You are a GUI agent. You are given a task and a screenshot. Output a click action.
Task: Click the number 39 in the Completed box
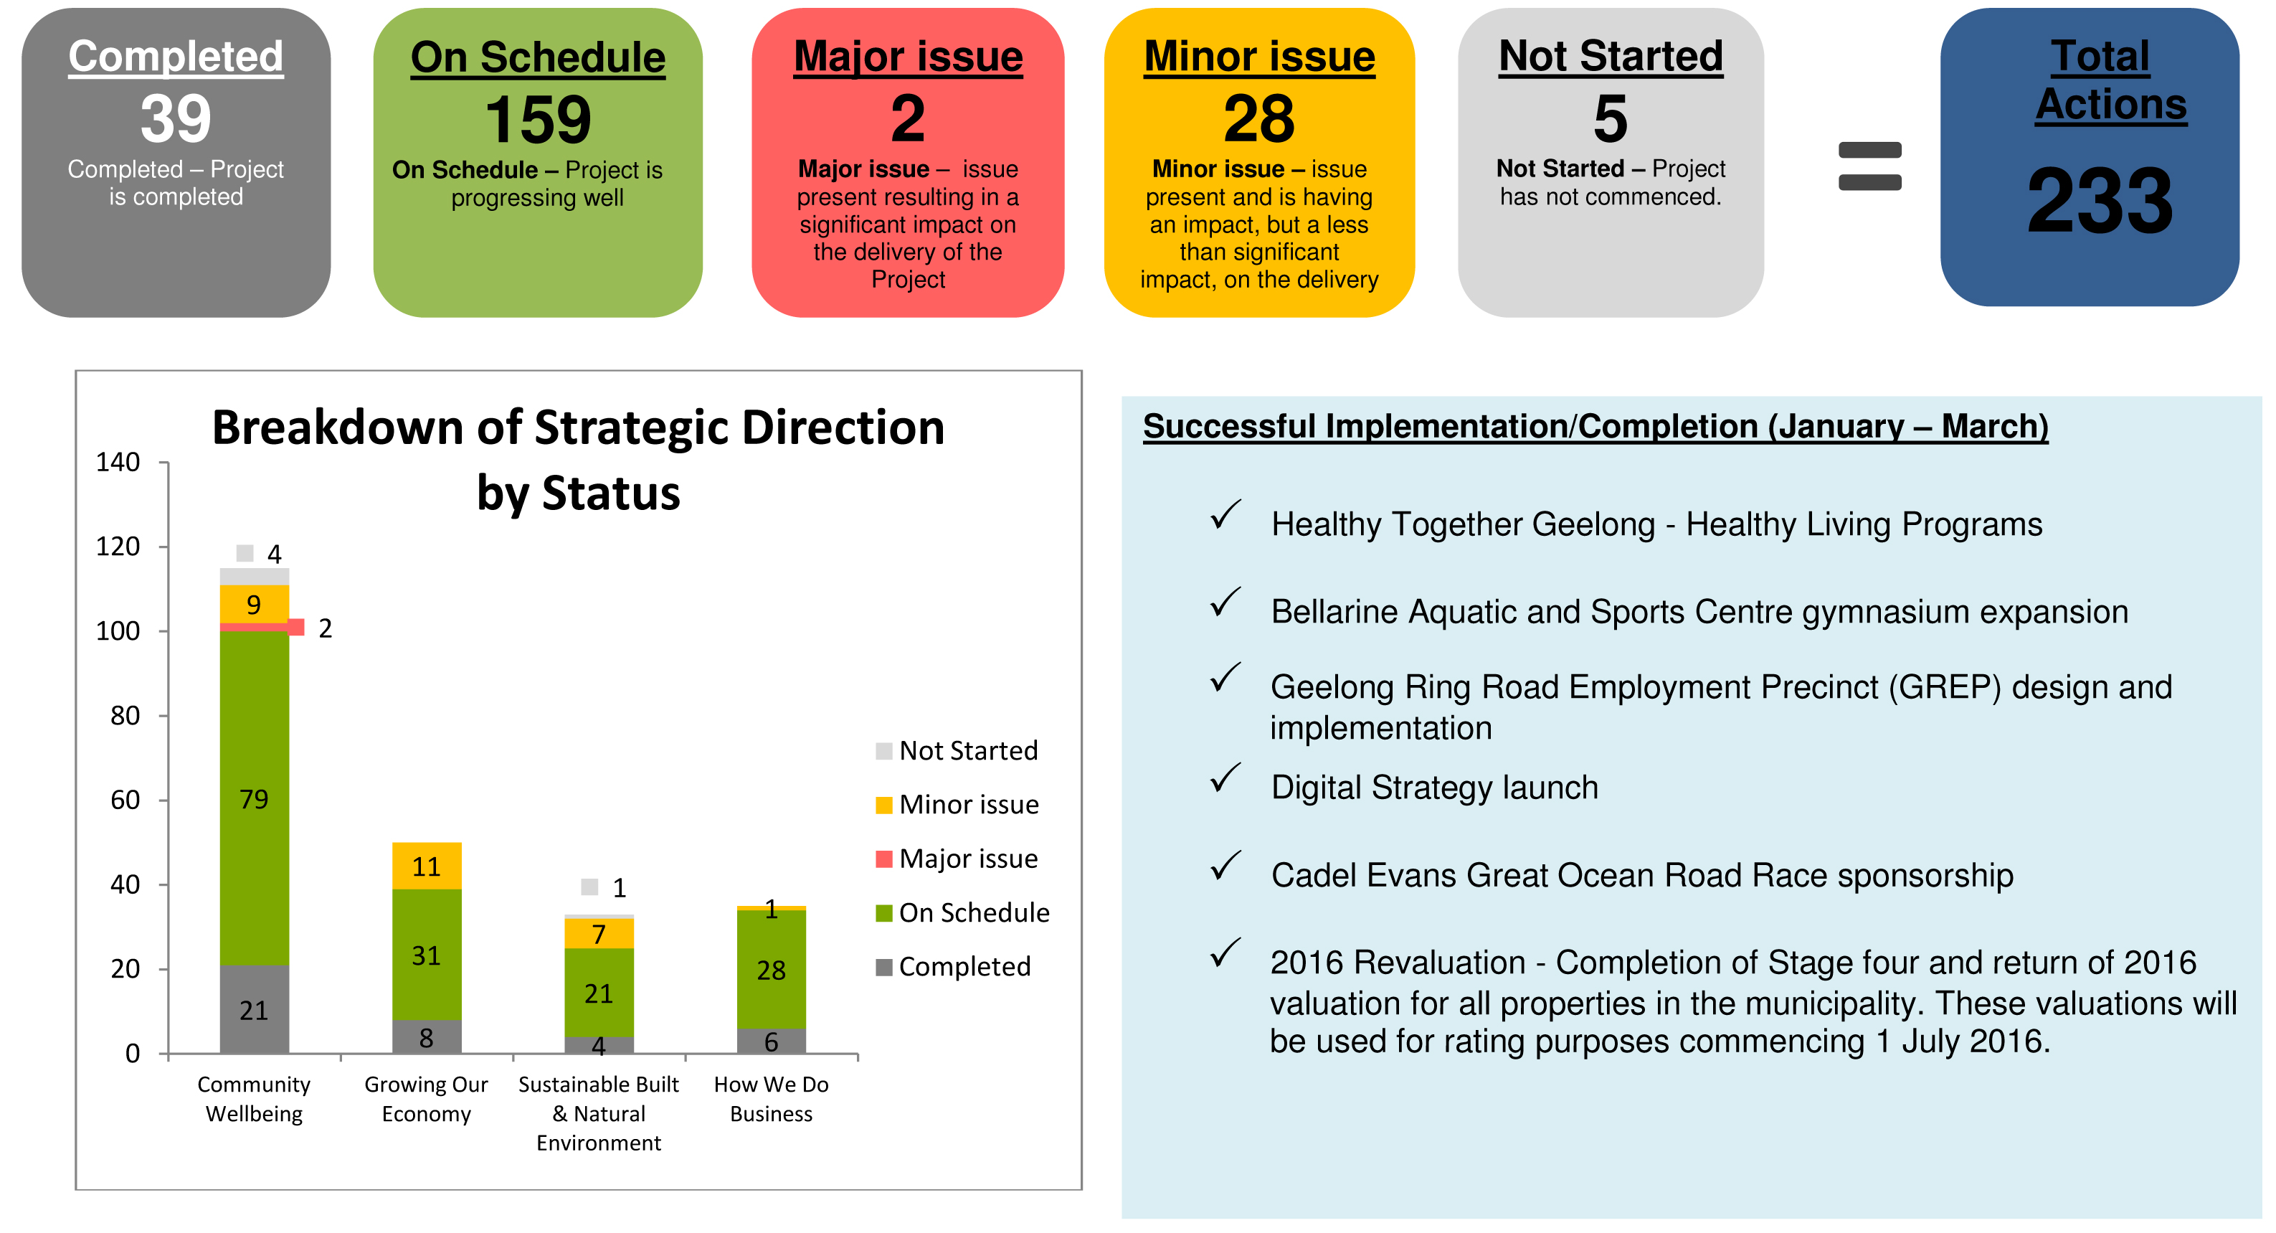[176, 118]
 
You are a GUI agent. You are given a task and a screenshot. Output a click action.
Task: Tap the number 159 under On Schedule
[538, 119]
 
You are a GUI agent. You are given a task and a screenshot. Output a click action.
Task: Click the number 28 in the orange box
[1258, 118]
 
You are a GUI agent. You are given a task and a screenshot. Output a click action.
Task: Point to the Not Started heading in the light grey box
[1610, 56]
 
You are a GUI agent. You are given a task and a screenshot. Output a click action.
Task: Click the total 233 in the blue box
[2100, 201]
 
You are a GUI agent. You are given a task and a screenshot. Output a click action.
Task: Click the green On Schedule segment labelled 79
[255, 798]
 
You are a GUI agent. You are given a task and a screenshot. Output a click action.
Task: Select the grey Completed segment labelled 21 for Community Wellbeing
[255, 1008]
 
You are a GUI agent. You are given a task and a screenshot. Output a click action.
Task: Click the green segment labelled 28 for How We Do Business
[772, 969]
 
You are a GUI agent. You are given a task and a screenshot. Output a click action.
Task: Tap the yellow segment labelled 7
[599, 933]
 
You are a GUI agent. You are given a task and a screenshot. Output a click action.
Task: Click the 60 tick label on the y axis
[125, 800]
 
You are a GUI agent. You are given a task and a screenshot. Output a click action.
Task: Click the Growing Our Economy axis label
[426, 1099]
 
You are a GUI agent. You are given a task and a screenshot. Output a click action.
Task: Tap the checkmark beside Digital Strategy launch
[1225, 777]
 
